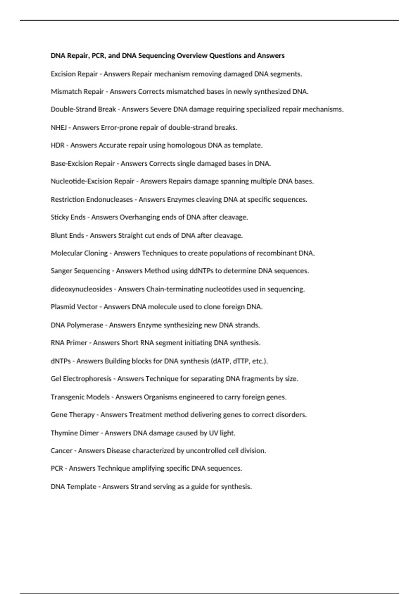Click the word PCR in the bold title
[x=99, y=56]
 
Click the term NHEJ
[x=59, y=128]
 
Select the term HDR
[x=58, y=145]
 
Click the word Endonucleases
[x=109, y=200]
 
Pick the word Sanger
[x=61, y=271]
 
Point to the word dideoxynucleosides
[x=81, y=289]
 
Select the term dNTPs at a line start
[x=61, y=361]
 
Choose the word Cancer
[x=61, y=451]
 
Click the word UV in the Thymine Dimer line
[x=213, y=433]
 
